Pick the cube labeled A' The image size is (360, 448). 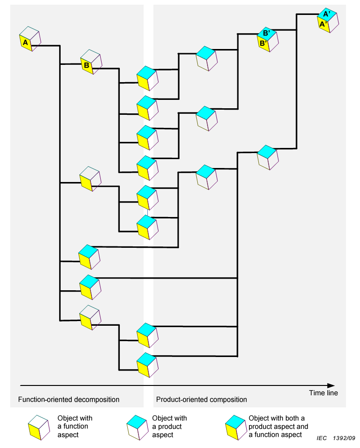coord(327,20)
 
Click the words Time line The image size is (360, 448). coord(323,393)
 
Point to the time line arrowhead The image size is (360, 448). coord(331,385)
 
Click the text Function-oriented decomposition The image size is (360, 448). coord(69,400)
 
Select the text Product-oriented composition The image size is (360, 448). coord(201,400)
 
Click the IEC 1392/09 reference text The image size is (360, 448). coord(336,439)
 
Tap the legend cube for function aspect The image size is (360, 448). coord(39,427)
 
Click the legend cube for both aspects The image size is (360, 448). coord(235,427)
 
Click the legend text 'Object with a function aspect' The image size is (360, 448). coord(75,426)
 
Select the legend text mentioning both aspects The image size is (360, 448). coord(279,426)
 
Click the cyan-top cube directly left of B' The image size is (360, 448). coord(207,58)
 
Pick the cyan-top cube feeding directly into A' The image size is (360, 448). coord(267,157)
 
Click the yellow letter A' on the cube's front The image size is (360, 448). coord(322,24)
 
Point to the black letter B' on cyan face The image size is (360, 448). coord(266,33)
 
